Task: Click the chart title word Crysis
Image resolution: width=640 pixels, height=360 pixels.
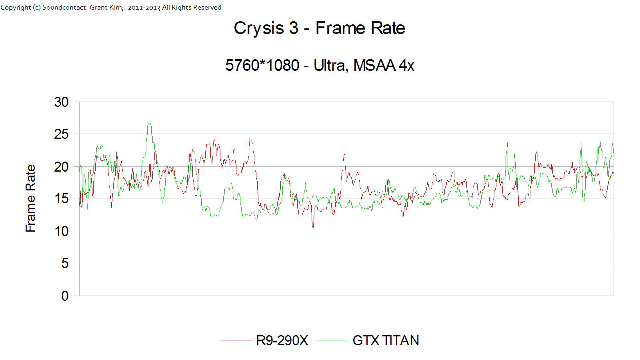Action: (259, 28)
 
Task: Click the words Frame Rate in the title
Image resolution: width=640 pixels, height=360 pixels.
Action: (360, 28)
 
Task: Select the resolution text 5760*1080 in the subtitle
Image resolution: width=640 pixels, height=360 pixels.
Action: (262, 65)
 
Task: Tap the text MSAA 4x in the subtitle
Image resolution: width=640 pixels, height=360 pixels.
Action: (384, 65)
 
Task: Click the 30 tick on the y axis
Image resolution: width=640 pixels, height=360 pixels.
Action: (61, 102)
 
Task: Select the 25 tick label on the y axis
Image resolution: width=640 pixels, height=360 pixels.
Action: (61, 134)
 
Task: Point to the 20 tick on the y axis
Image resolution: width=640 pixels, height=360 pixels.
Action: (61, 167)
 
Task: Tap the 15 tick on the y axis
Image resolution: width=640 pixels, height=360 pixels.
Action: (61, 199)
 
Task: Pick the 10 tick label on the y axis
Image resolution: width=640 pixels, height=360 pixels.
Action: (61, 231)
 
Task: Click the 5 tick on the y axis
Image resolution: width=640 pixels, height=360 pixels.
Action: (65, 263)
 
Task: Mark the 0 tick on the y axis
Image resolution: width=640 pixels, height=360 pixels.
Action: (65, 296)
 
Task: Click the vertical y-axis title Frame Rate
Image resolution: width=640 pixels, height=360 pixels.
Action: (30, 198)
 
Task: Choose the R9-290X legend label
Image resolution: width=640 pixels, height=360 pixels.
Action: (282, 340)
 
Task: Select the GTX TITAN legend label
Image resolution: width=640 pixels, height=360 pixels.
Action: (386, 340)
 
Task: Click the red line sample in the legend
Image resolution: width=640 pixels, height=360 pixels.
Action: (236, 340)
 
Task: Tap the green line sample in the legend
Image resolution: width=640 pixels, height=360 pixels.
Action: (332, 340)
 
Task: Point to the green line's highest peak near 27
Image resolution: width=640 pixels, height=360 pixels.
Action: (149, 123)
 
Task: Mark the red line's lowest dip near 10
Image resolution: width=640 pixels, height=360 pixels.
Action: (313, 227)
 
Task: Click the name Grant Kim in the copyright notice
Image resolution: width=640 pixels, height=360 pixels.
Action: (106, 7)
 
